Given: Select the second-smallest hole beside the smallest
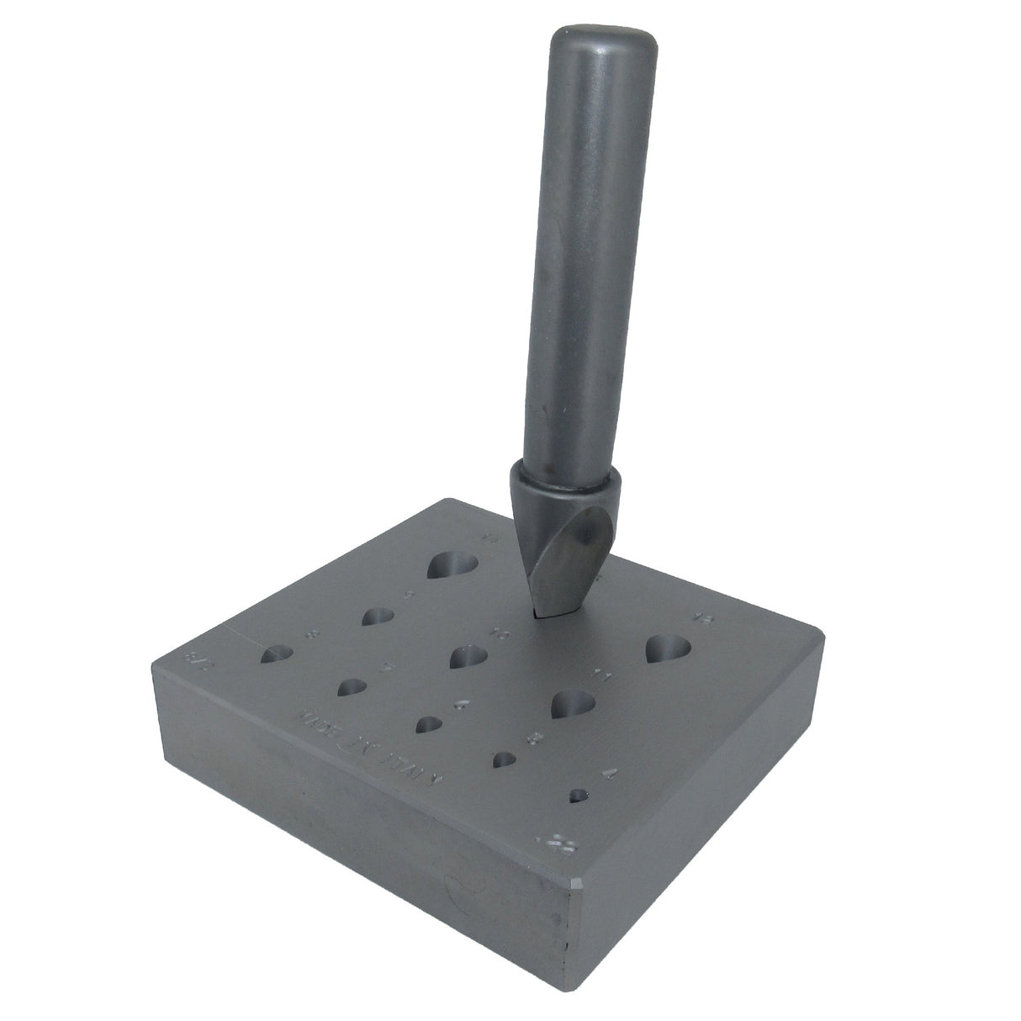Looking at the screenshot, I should click(x=505, y=760).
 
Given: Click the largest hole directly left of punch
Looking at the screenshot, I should click(x=452, y=566).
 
